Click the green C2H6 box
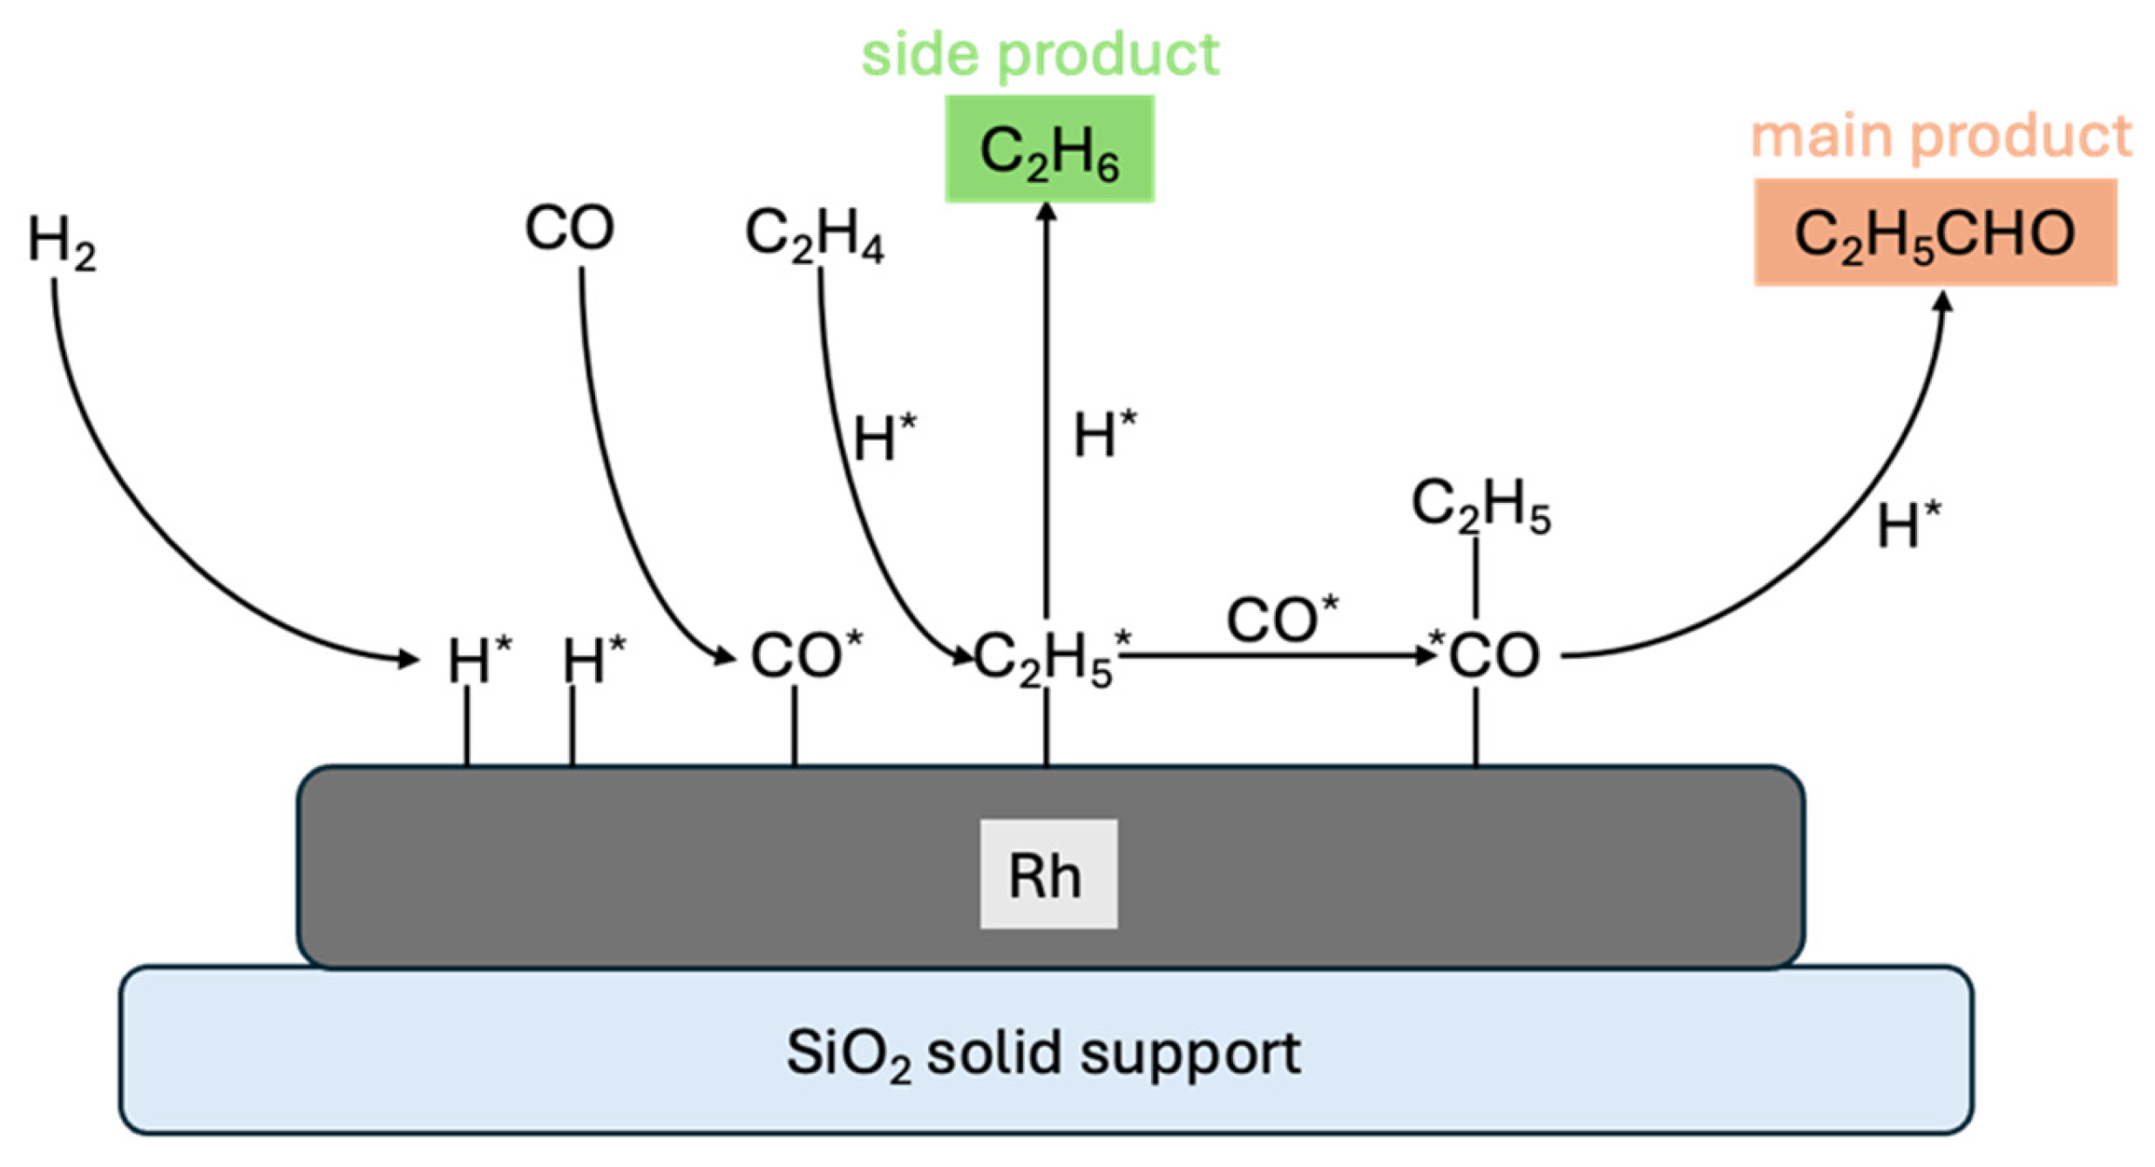point(1048,149)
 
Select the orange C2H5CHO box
point(1935,233)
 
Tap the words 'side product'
point(1039,54)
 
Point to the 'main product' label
point(1941,136)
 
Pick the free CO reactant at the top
point(569,228)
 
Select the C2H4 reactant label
point(814,236)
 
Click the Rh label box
point(1047,874)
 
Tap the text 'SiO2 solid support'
point(1043,1053)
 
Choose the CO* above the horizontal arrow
point(1281,619)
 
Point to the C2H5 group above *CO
point(1480,505)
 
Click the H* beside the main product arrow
point(1908,524)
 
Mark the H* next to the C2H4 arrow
point(884,437)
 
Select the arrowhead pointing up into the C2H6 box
point(1047,212)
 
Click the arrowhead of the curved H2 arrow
point(408,659)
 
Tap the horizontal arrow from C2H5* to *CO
point(1272,655)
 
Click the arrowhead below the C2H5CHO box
point(1942,302)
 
